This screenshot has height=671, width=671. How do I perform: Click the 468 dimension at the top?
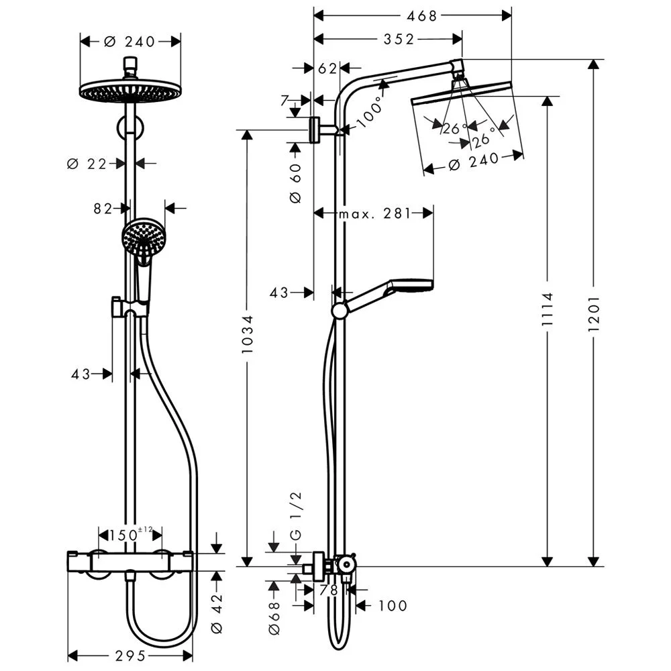pyautogui.click(x=413, y=15)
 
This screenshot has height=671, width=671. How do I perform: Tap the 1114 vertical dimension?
pyautogui.click(x=549, y=312)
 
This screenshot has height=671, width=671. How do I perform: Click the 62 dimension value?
pyautogui.click(x=327, y=68)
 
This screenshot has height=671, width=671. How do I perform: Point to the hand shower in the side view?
pyautogui.click(x=389, y=292)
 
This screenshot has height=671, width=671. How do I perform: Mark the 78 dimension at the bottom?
pyautogui.click(x=329, y=590)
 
